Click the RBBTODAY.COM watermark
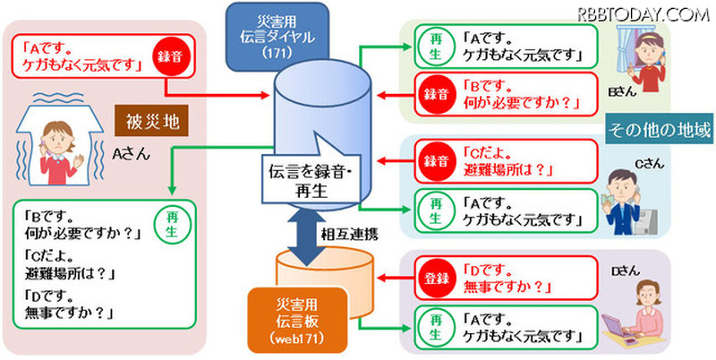[x=643, y=13]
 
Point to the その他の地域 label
[x=659, y=129]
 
